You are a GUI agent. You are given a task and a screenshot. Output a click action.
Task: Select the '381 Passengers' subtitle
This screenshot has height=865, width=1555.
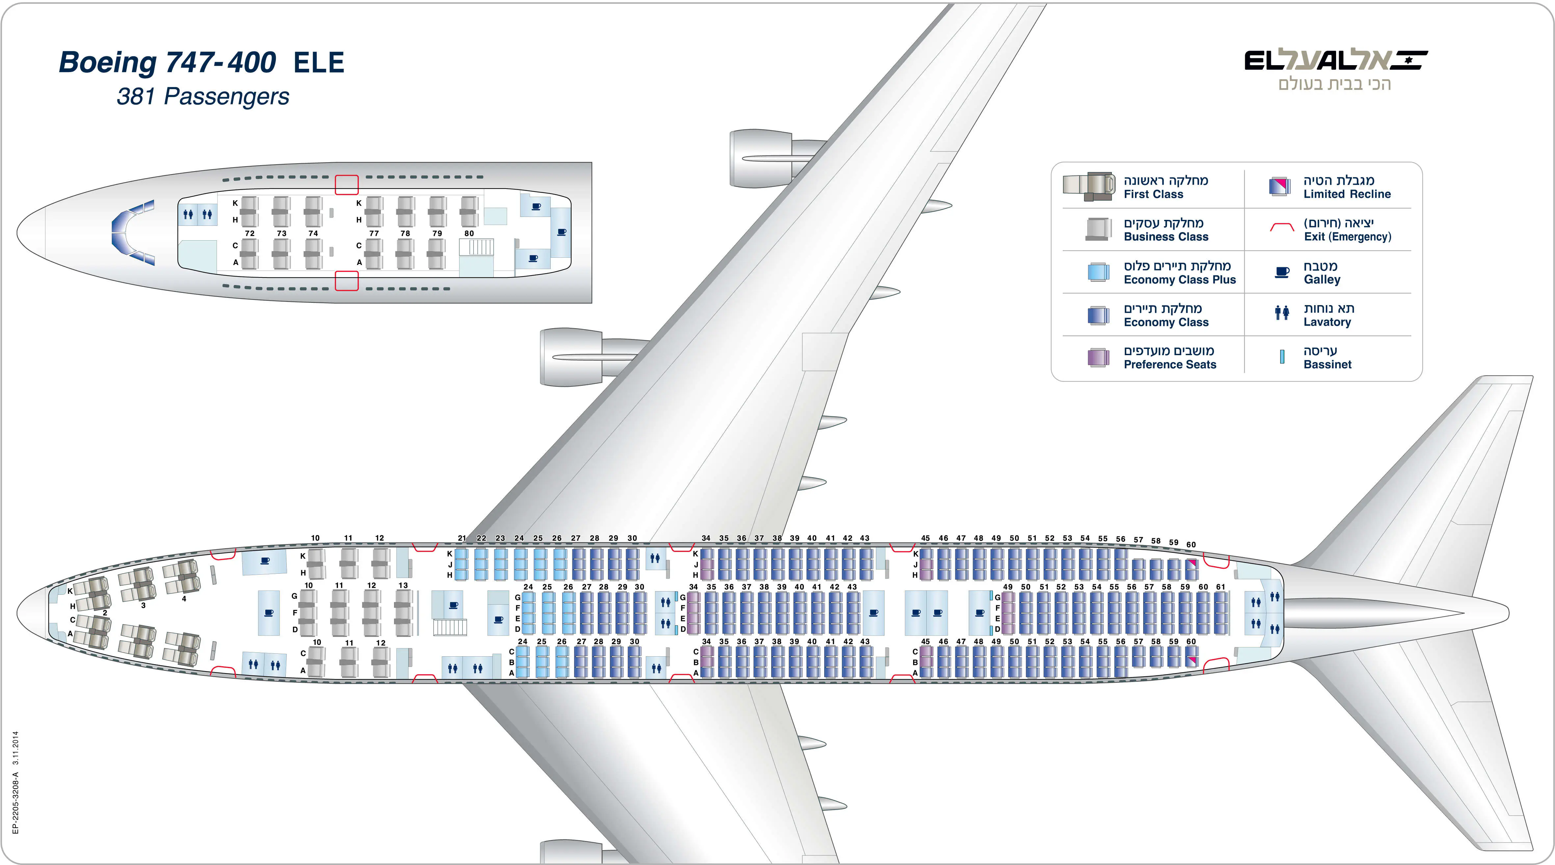(x=203, y=96)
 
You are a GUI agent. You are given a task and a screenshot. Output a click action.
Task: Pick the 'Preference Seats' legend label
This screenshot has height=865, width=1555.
(x=1169, y=365)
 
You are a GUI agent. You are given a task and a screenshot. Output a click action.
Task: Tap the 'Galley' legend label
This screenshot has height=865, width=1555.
(x=1321, y=279)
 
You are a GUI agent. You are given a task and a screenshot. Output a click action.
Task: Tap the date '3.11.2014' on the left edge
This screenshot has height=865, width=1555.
(x=16, y=748)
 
